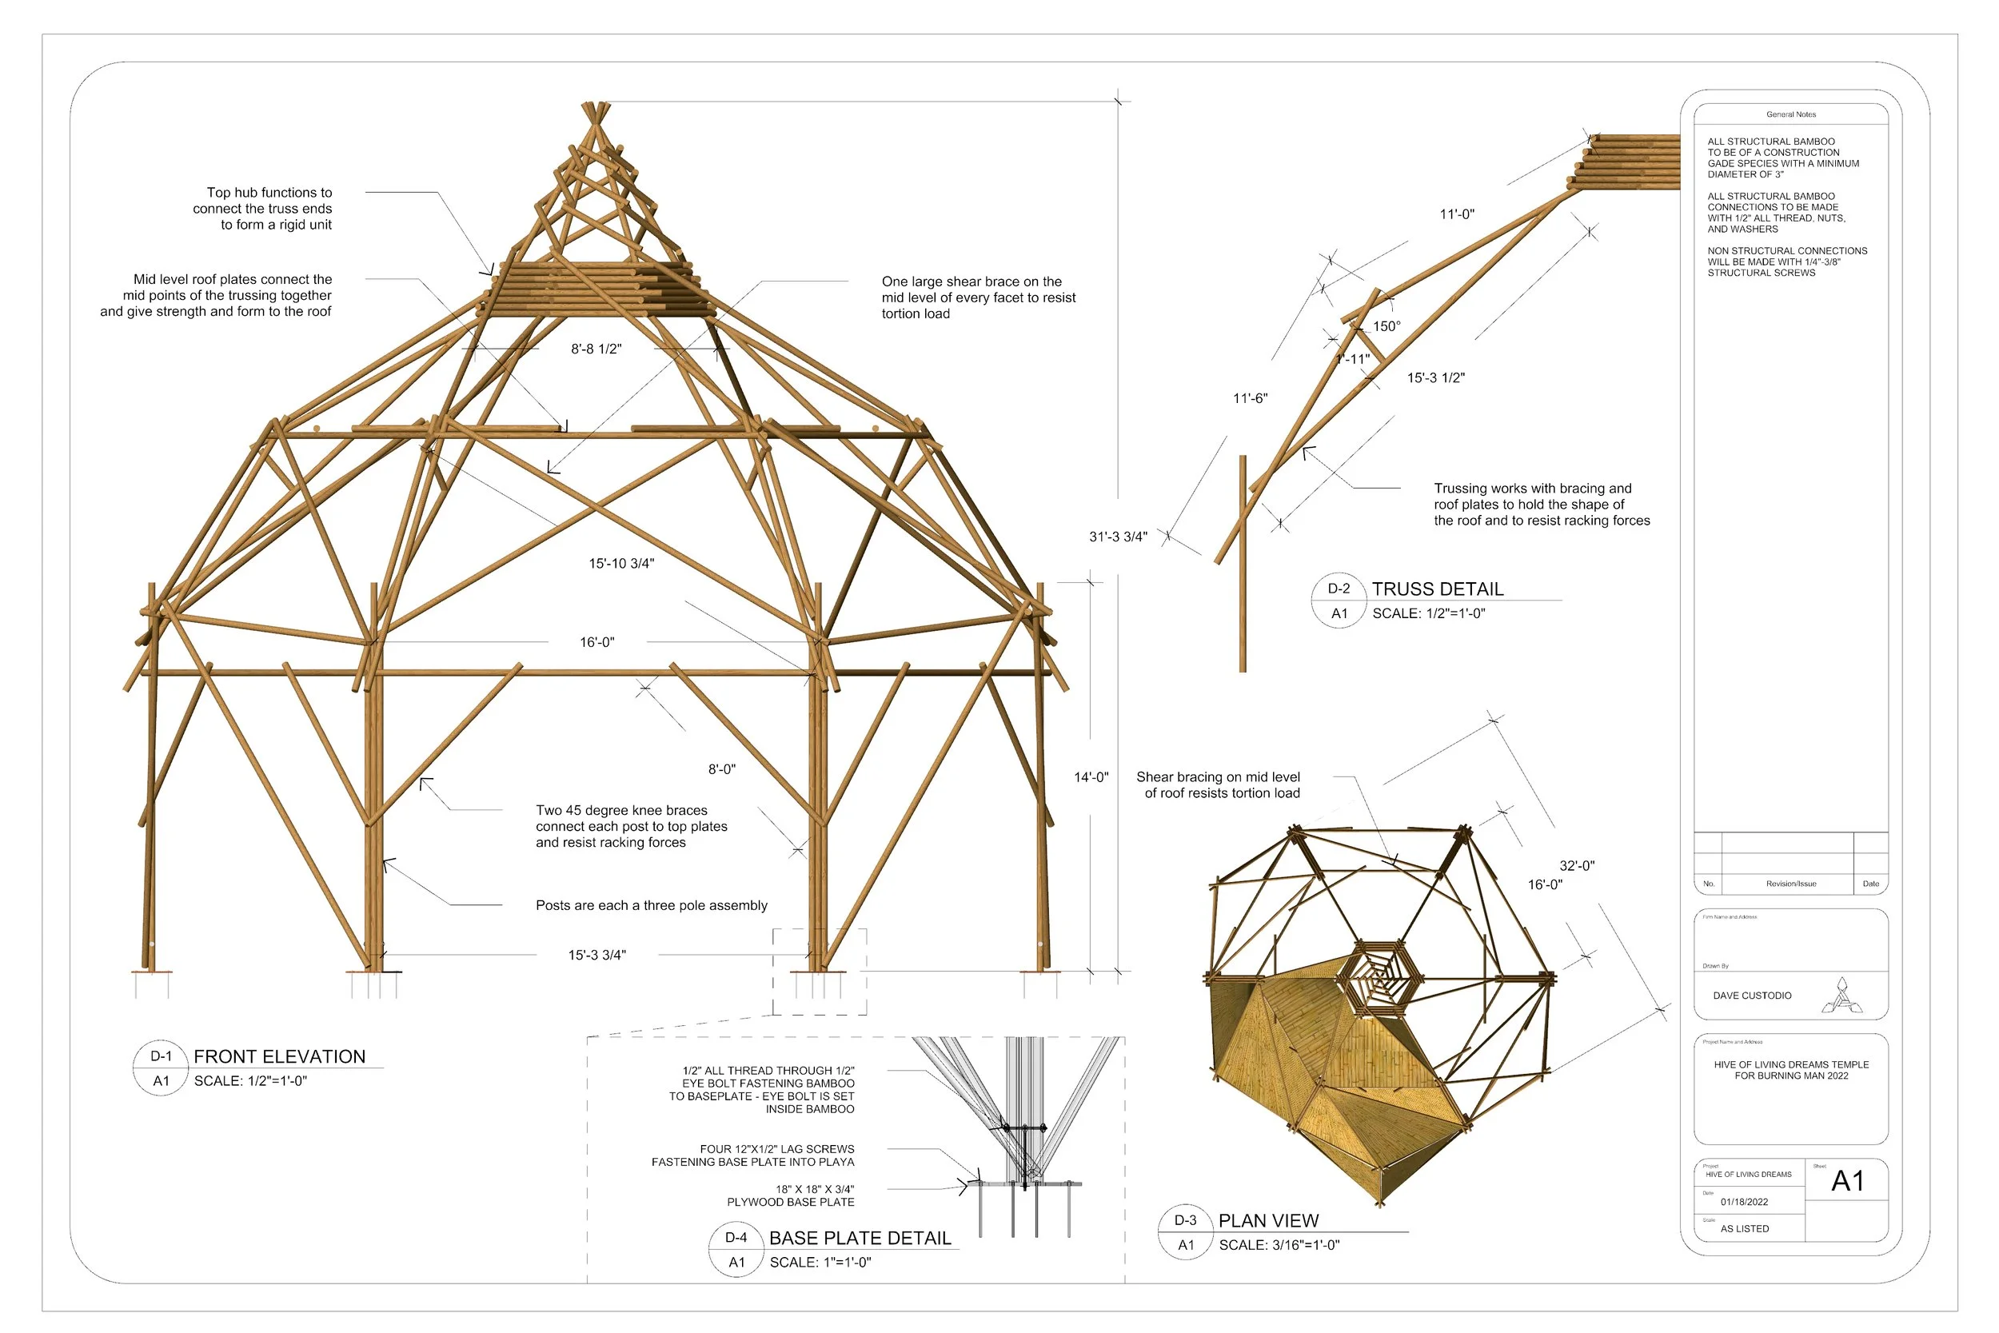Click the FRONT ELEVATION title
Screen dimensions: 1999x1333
pyautogui.click(x=279, y=1056)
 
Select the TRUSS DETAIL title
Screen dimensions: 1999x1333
pyautogui.click(x=1437, y=589)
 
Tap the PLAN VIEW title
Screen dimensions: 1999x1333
pyautogui.click(x=1268, y=1221)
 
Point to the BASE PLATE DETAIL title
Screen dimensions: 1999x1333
pyautogui.click(x=860, y=1239)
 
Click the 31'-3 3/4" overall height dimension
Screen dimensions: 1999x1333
pyautogui.click(x=1118, y=537)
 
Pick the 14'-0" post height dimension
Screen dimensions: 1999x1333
pyautogui.click(x=1091, y=777)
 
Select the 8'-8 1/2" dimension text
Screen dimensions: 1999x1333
pyautogui.click(x=596, y=349)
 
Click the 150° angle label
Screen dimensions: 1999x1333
pyautogui.click(x=1387, y=326)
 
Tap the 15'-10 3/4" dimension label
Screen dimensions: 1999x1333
pyautogui.click(x=621, y=563)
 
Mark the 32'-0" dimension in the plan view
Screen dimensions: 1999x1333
pyautogui.click(x=1577, y=865)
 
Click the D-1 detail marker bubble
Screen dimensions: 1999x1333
pyautogui.click(x=161, y=1056)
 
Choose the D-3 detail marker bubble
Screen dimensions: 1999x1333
pyautogui.click(x=1185, y=1221)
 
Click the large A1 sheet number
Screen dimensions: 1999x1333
pyautogui.click(x=1847, y=1181)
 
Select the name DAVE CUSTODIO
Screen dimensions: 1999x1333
pyautogui.click(x=1752, y=996)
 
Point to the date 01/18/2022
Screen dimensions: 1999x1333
pyautogui.click(x=1744, y=1202)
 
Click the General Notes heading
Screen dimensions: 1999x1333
pyautogui.click(x=1791, y=114)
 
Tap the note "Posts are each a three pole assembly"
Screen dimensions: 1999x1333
pyautogui.click(x=651, y=905)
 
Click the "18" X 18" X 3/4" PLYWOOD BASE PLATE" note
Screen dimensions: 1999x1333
pyautogui.click(x=791, y=1195)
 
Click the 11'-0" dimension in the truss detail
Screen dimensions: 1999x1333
pyautogui.click(x=1457, y=214)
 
